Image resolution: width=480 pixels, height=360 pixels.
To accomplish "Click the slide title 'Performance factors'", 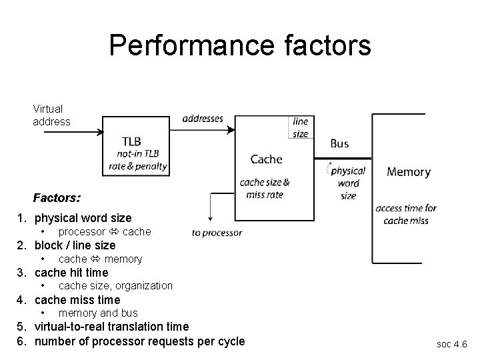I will [240, 46].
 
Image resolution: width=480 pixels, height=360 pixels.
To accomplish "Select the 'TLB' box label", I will [131, 141].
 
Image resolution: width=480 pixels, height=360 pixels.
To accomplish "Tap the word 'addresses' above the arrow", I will [203, 119].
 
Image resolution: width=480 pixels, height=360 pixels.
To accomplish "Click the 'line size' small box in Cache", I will [301, 127].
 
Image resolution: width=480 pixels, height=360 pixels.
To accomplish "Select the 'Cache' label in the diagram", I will [266, 159].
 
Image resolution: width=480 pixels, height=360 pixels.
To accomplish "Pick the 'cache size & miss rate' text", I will [265, 188].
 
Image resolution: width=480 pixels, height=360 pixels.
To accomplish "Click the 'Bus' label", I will [339, 143].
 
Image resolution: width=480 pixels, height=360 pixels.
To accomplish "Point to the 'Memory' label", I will [409, 171].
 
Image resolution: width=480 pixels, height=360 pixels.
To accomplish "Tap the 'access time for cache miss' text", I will [405, 214].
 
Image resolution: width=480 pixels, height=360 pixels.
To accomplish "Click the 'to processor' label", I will [217, 233].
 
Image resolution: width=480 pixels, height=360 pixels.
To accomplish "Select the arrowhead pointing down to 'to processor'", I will [211, 221].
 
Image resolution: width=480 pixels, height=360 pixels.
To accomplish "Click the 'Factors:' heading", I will [57, 198].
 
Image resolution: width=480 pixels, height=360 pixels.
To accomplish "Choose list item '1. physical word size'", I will [75, 218].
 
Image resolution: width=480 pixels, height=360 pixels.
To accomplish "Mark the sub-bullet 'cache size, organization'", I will [115, 286].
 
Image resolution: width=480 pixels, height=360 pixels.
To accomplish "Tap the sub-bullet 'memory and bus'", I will [98, 313].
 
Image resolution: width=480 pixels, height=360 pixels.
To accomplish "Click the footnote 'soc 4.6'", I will [451, 344].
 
